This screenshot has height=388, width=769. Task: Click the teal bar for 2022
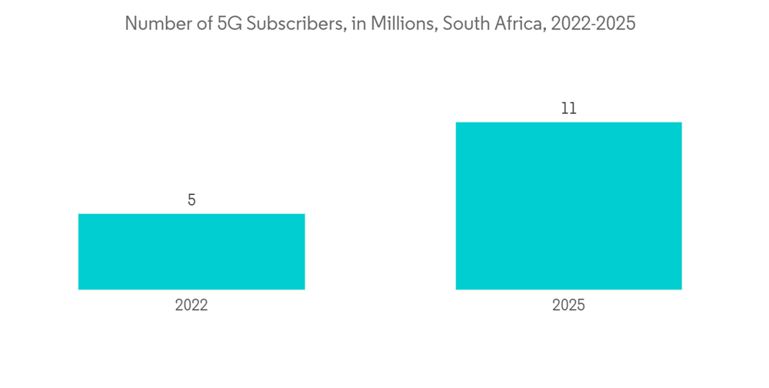click(191, 252)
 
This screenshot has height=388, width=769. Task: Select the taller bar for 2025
click(568, 206)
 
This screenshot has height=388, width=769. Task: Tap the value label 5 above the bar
click(191, 200)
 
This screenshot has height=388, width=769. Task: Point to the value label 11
click(568, 109)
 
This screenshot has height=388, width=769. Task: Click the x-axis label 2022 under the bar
click(191, 306)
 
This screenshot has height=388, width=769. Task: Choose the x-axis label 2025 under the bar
click(568, 306)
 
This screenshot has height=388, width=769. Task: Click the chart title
click(380, 24)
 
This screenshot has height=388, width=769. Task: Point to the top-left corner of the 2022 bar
click(78, 214)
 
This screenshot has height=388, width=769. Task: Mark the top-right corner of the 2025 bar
click(681, 122)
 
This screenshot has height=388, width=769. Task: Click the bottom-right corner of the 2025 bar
click(681, 289)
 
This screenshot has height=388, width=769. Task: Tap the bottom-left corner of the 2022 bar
click(78, 289)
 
